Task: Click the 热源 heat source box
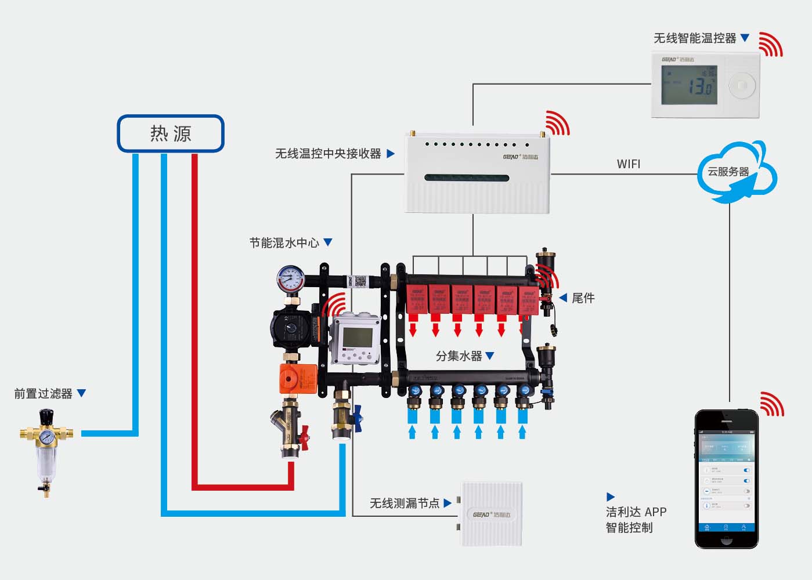tap(171, 134)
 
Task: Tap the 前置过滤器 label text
tap(44, 394)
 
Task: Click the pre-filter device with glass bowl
tap(46, 453)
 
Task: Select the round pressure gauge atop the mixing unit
tap(290, 279)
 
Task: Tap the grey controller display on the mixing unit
tap(356, 338)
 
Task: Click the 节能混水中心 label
tap(284, 243)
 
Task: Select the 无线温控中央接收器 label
tap(328, 154)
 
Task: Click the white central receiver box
tap(477, 174)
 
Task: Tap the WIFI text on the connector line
tap(629, 164)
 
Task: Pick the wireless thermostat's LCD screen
tap(689, 85)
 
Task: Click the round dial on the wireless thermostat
tap(741, 86)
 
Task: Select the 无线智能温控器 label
tap(695, 38)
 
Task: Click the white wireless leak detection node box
tap(491, 514)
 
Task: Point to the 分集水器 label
tap(459, 356)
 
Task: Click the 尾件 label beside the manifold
tap(583, 298)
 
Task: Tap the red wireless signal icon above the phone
tap(772, 404)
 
